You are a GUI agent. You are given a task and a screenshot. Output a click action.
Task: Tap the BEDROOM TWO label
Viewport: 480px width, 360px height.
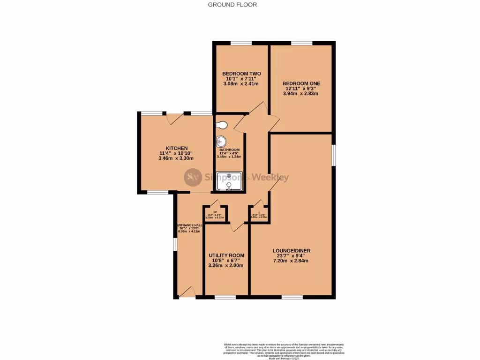click(x=241, y=74)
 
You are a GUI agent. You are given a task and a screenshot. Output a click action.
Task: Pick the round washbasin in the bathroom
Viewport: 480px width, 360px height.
click(x=221, y=141)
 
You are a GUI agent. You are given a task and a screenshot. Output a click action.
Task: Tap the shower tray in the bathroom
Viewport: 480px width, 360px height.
click(x=229, y=181)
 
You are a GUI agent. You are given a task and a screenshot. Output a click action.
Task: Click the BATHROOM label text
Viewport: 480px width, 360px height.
click(x=230, y=150)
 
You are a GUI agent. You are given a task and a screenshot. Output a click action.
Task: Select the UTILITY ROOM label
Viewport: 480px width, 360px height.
click(x=226, y=255)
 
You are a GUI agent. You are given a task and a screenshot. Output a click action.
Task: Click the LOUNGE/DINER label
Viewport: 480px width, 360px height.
click(x=292, y=251)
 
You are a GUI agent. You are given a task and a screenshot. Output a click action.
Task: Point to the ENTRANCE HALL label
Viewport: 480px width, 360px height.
click(x=189, y=225)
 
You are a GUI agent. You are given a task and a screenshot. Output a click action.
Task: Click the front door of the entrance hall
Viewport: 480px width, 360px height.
click(x=187, y=293)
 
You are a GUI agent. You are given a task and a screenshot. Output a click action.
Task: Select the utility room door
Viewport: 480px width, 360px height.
click(x=238, y=225)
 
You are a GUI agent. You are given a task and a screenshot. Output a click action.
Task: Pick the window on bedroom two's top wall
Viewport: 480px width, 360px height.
click(x=241, y=43)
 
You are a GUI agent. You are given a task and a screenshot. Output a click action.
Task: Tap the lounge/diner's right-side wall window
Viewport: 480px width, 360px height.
click(x=334, y=155)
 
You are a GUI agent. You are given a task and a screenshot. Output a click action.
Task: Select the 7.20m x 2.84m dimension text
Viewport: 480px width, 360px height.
click(x=292, y=261)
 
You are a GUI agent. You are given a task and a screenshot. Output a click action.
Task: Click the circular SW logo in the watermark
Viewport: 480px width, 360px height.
click(x=192, y=177)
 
